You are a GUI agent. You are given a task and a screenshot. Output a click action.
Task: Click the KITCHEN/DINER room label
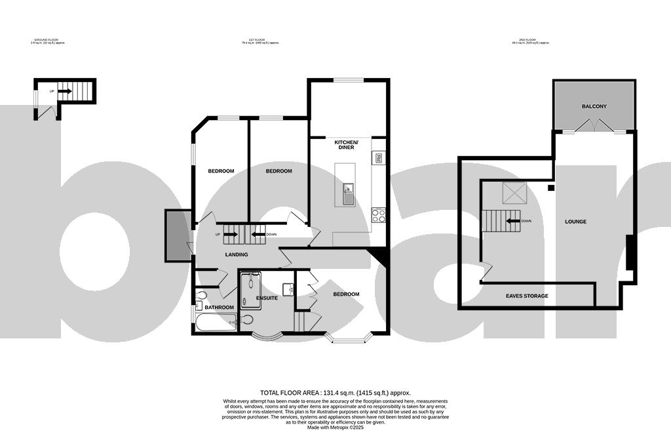tap(346, 145)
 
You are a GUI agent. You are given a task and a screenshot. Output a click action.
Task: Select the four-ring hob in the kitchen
tap(378, 214)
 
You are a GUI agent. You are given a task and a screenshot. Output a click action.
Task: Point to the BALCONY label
tap(594, 106)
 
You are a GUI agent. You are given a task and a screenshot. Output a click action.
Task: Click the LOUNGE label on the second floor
tap(575, 222)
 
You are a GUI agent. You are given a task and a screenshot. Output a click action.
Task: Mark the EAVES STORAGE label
tap(527, 296)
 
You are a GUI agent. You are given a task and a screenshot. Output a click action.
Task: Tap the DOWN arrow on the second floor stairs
tap(512, 221)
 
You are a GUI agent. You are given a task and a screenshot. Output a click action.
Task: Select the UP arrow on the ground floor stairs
tap(63, 91)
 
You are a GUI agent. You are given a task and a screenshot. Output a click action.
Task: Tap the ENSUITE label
tap(267, 298)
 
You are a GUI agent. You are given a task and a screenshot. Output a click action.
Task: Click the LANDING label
tap(236, 255)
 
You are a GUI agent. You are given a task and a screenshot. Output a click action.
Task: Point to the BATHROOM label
tap(219, 307)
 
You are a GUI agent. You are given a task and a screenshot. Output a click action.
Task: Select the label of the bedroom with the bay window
tap(346, 295)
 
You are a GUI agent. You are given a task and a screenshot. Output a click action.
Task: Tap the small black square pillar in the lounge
tap(551, 188)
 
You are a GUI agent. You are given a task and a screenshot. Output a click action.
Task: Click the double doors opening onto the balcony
tap(593, 126)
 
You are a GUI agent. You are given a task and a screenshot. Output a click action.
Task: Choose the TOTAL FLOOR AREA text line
tap(335, 392)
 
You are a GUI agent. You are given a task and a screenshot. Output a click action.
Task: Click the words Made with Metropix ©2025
tap(335, 428)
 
